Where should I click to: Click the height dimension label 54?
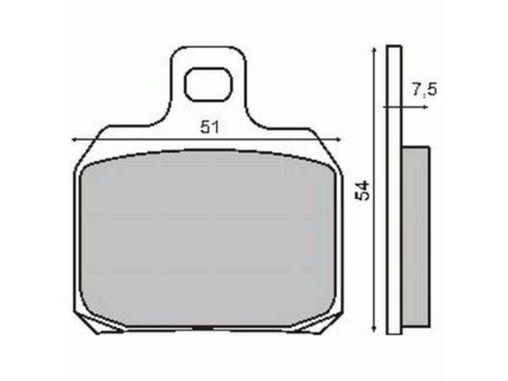[364, 190]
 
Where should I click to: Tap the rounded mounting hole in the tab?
[208, 85]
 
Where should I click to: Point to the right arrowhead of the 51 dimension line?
[338, 139]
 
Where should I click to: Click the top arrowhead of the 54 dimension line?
[374, 49]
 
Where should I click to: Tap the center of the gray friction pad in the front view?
[208, 238]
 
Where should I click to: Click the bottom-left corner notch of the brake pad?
[90, 323]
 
